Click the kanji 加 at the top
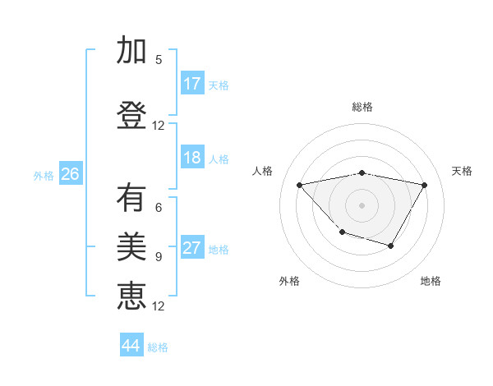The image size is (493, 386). tap(131, 52)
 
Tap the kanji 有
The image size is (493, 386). tap(131, 198)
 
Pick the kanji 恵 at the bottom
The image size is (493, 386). tap(131, 295)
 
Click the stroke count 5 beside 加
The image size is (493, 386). tap(159, 60)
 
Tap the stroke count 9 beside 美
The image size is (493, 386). tap(159, 257)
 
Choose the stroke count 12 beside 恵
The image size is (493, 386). tap(159, 306)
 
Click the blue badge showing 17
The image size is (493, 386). tap(192, 84)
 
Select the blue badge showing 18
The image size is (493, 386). tap(192, 158)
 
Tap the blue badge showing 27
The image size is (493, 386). tap(192, 248)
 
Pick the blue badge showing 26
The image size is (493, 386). tap(70, 174)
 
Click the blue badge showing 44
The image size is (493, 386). tap(131, 346)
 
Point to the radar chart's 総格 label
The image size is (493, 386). tap(362, 107)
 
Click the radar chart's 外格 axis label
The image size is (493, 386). tap(289, 281)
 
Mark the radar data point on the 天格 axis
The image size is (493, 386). tap(425, 185)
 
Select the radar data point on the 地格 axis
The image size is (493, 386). tap(391, 246)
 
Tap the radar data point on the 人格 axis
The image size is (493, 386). tap(300, 185)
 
